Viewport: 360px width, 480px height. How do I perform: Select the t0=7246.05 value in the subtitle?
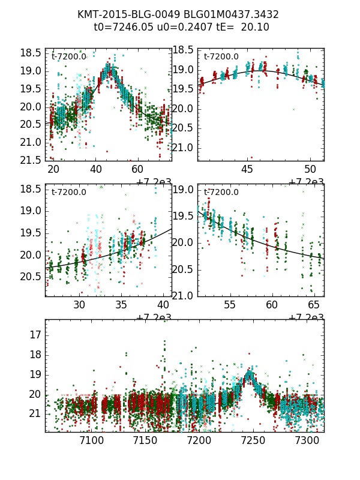coord(121,28)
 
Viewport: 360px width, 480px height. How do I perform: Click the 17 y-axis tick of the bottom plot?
coord(35,334)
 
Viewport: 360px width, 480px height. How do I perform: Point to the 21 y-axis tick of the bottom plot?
coord(35,414)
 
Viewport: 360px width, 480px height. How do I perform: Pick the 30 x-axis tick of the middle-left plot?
coord(79,305)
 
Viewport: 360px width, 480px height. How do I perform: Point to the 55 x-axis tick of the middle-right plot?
coord(230,305)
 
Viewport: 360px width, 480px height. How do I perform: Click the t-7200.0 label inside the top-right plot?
coord(221,57)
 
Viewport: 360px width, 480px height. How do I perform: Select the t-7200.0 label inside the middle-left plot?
coord(69,193)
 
